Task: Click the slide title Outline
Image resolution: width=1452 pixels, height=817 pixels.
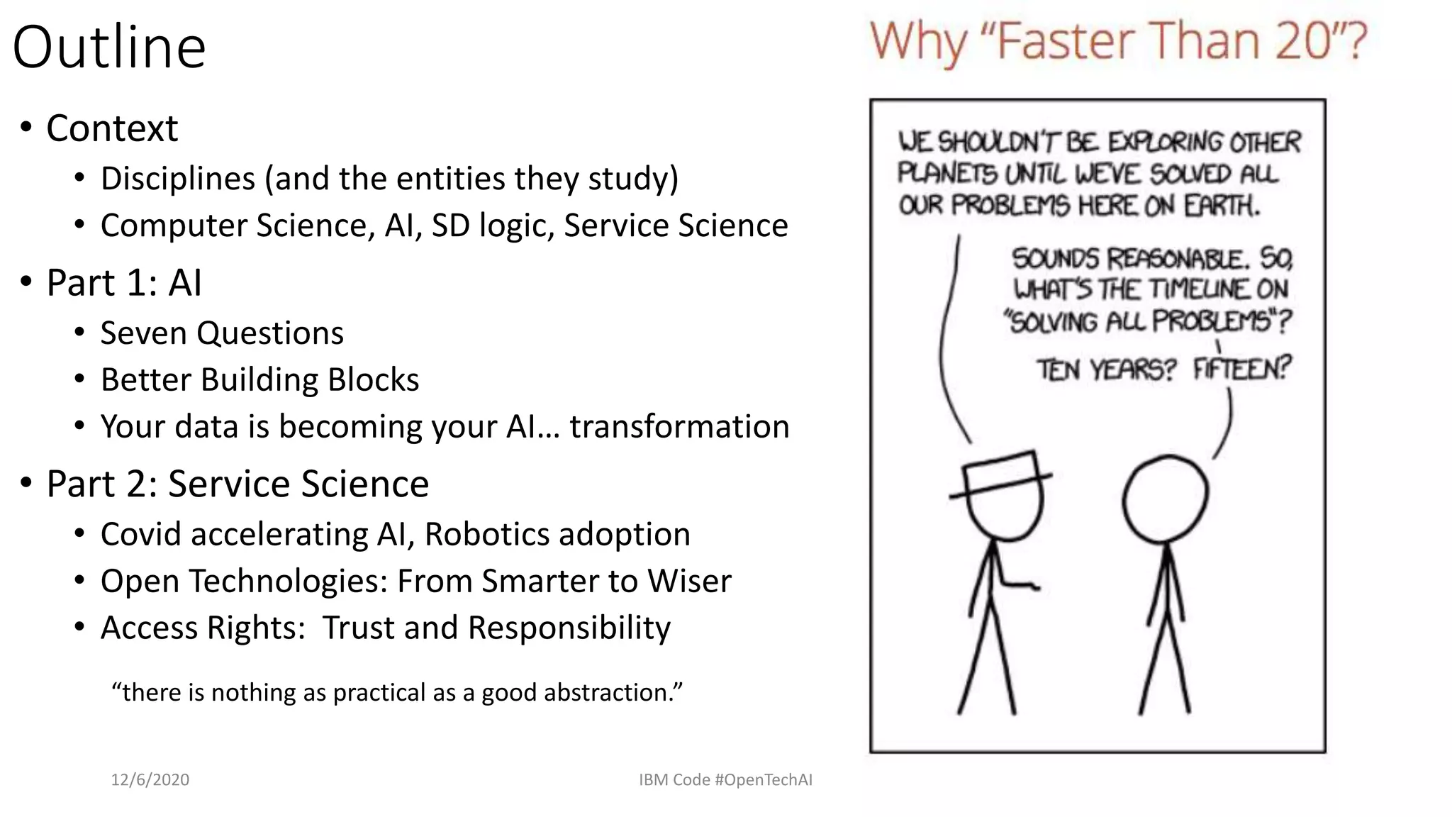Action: point(109,47)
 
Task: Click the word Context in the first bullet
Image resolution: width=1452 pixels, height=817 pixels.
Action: point(112,128)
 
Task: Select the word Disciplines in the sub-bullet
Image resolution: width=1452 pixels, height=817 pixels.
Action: point(177,178)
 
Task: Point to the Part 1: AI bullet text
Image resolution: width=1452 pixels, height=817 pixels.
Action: point(124,283)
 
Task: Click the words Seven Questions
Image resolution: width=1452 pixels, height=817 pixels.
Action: point(222,333)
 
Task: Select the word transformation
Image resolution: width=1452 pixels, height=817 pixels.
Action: point(679,427)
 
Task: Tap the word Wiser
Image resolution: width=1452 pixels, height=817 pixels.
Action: point(689,582)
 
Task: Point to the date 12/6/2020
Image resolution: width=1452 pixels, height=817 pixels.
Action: point(150,780)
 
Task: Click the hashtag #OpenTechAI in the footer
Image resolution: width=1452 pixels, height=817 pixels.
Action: point(764,780)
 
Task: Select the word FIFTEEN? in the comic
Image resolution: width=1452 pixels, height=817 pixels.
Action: point(1241,369)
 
